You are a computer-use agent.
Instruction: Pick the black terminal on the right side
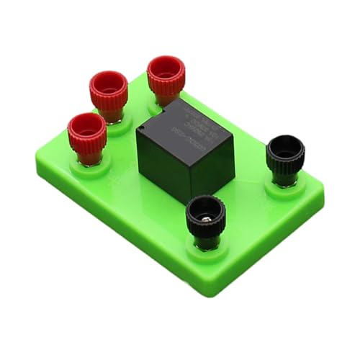pyautogui.click(x=285, y=158)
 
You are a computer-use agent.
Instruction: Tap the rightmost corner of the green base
pyautogui.click(x=322, y=189)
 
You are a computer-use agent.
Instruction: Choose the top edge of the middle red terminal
pyautogui.click(x=109, y=73)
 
